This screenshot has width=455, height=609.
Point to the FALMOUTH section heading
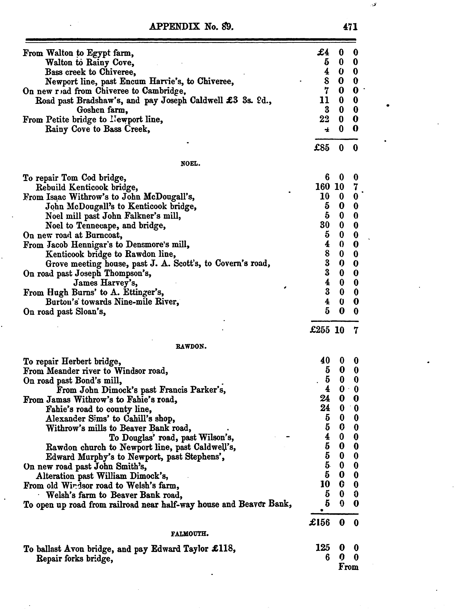point(190,534)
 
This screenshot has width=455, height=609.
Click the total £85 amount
point(322,148)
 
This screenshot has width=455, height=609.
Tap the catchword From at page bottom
point(348,567)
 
